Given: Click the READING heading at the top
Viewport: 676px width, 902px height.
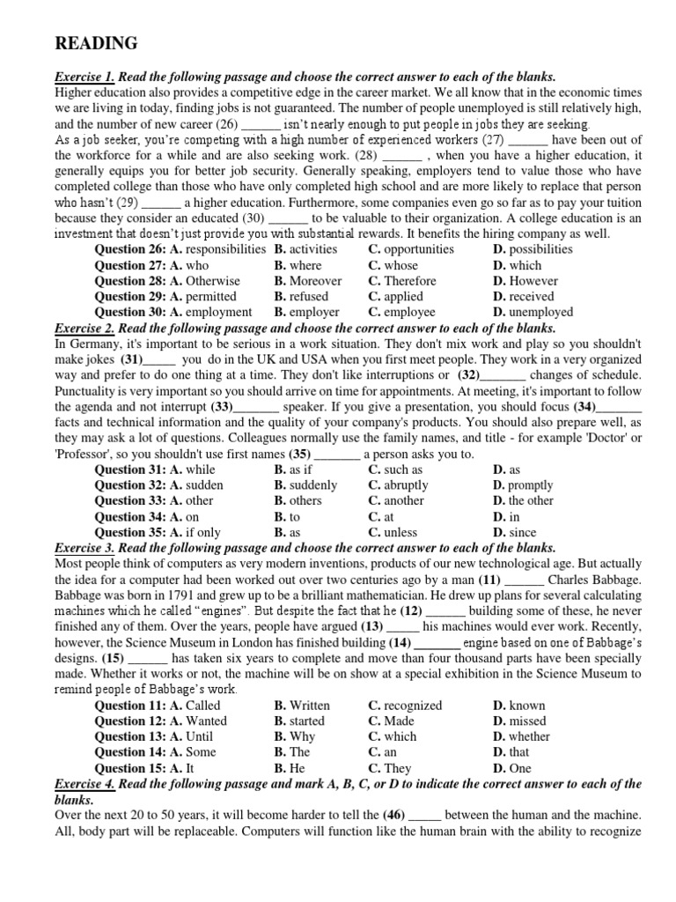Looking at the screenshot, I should [x=96, y=43].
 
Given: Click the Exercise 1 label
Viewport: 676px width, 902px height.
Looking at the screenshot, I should [x=85, y=77].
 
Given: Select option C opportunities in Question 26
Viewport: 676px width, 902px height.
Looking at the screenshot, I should [x=411, y=249].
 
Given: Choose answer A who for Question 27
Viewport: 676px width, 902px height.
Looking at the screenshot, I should [x=189, y=265].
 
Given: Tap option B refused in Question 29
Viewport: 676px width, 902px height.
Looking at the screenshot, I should [x=300, y=297].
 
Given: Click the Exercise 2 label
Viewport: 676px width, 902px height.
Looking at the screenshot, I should [x=85, y=328].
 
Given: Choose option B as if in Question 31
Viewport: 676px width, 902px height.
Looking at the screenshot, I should [x=293, y=469].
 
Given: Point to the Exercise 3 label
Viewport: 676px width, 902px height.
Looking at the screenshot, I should [x=85, y=548].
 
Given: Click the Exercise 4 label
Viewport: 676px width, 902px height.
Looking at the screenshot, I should [x=85, y=784].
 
